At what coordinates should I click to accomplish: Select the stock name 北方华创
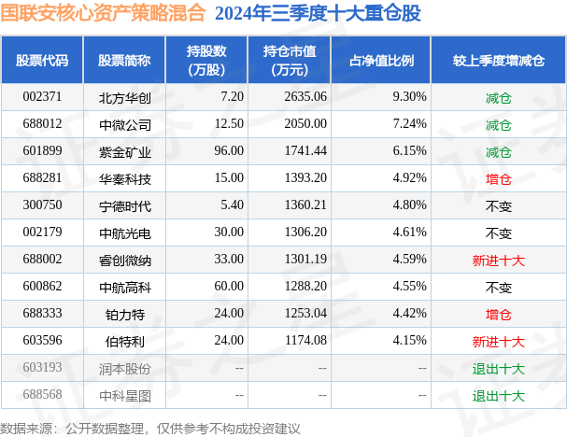[124, 97]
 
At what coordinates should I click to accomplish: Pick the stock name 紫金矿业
[124, 151]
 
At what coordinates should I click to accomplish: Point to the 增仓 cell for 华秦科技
[499, 178]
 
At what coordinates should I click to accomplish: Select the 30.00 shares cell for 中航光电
[228, 233]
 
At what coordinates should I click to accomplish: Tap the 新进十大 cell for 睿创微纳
[499, 260]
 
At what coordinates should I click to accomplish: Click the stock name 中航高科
[124, 287]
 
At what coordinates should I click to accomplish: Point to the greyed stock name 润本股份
[124, 368]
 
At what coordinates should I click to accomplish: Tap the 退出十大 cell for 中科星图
[499, 395]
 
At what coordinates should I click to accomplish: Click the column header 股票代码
[42, 61]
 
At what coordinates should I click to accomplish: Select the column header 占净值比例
[381, 61]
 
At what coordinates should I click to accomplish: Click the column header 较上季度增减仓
[499, 61]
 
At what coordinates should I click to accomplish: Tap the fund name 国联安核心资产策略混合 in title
[104, 14]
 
